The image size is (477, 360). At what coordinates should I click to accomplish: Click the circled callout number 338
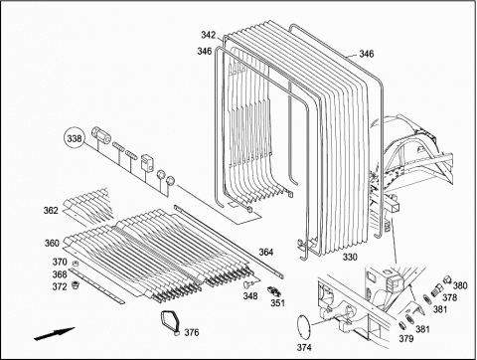[x=75, y=138]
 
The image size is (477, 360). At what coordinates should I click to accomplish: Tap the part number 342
[x=208, y=35]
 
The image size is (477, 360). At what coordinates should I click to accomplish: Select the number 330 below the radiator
[x=350, y=257]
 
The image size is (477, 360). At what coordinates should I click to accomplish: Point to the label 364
[x=266, y=253]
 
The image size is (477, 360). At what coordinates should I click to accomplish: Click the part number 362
[x=51, y=211]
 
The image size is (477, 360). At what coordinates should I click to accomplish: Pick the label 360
[x=52, y=243]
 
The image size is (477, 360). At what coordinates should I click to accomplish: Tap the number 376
[x=192, y=332]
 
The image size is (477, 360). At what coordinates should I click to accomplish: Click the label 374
[x=304, y=347]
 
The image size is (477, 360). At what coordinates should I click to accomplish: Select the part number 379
[x=406, y=338]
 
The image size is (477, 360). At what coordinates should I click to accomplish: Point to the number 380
[x=460, y=285]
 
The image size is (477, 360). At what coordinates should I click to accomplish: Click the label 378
[x=450, y=297]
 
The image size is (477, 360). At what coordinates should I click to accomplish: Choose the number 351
[x=277, y=302]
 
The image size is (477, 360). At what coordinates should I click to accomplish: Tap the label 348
[x=250, y=295]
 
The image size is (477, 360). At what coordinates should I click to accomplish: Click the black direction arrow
[x=55, y=334]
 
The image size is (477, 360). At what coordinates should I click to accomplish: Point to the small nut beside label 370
[x=76, y=264]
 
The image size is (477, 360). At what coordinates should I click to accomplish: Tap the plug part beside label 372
[x=75, y=284]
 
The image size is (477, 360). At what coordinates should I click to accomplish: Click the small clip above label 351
[x=274, y=290]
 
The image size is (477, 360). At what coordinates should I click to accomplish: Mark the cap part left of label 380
[x=447, y=279]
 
